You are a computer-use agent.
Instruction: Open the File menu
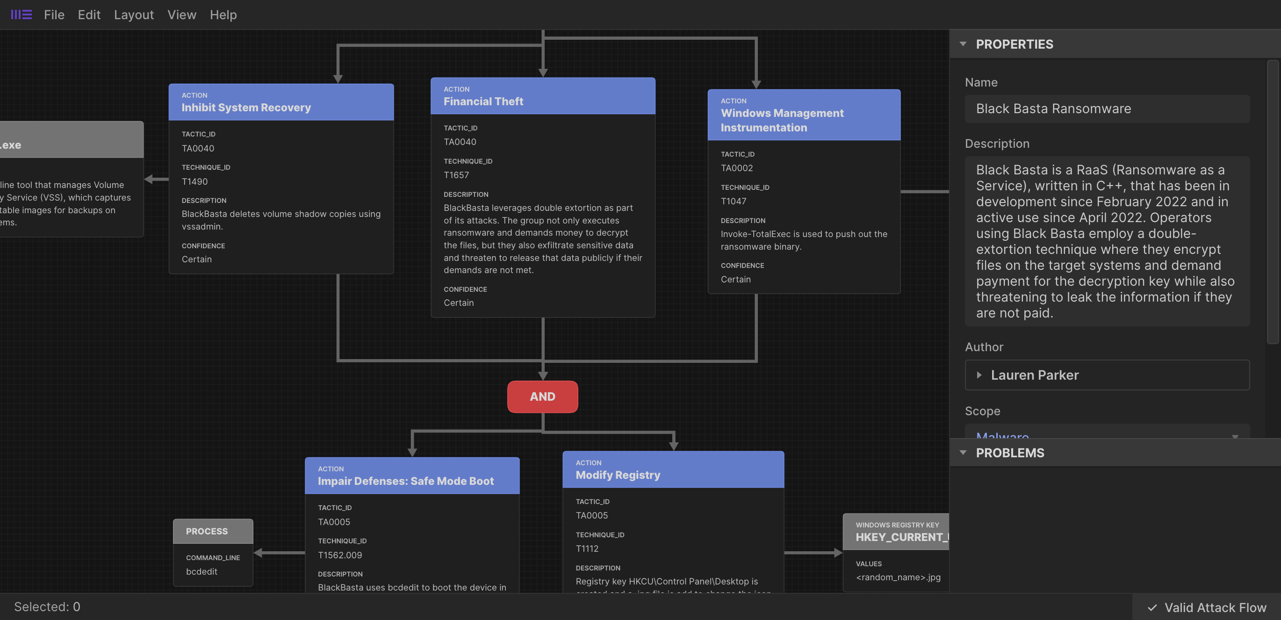[54, 15]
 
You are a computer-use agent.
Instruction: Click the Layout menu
[134, 15]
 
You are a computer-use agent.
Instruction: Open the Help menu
[223, 15]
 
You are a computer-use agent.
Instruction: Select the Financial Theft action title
[483, 101]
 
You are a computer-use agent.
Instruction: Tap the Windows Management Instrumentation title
[782, 120]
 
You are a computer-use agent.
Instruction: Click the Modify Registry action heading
[618, 475]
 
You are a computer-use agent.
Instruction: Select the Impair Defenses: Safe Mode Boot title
[405, 481]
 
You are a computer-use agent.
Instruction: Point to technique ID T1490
[194, 181]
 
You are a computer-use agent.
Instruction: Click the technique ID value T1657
[456, 175]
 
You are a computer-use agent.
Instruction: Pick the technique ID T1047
[733, 202]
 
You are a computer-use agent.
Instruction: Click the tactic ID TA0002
[736, 168]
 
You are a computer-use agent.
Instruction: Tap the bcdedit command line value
[202, 571]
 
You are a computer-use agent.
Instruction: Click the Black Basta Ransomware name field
[1107, 108]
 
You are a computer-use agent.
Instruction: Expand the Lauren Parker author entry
[979, 375]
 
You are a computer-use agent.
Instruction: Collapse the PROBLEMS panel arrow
[963, 453]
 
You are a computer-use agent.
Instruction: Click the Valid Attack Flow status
[1207, 607]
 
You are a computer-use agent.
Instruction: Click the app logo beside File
[22, 14]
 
